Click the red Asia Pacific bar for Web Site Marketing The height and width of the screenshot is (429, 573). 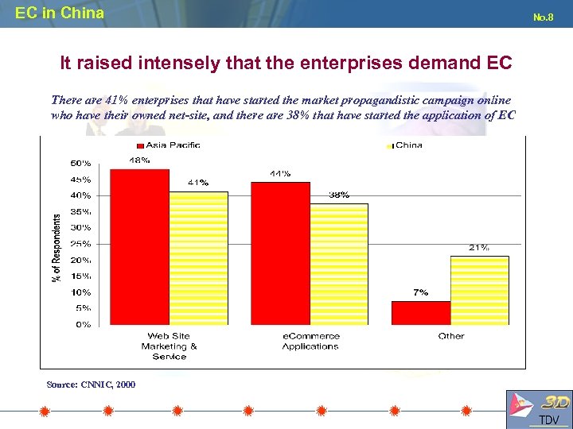point(139,246)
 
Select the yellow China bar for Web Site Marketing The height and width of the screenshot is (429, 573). point(198,258)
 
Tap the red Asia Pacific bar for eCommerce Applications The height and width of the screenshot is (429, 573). point(280,253)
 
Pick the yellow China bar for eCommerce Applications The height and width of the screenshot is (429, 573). point(339,264)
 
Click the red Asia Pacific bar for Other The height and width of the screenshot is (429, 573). point(421,312)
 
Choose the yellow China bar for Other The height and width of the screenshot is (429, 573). point(479,290)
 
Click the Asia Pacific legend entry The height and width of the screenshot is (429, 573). point(169,145)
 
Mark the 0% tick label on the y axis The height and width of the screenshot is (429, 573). point(83,324)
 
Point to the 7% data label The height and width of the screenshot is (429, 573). point(420,292)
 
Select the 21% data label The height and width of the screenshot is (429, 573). point(478,247)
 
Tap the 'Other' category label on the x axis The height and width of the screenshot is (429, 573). point(450,336)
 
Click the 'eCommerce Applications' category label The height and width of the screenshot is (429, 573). point(310,341)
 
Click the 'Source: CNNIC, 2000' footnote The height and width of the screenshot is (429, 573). point(91,385)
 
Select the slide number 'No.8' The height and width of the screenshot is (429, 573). point(543,16)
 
